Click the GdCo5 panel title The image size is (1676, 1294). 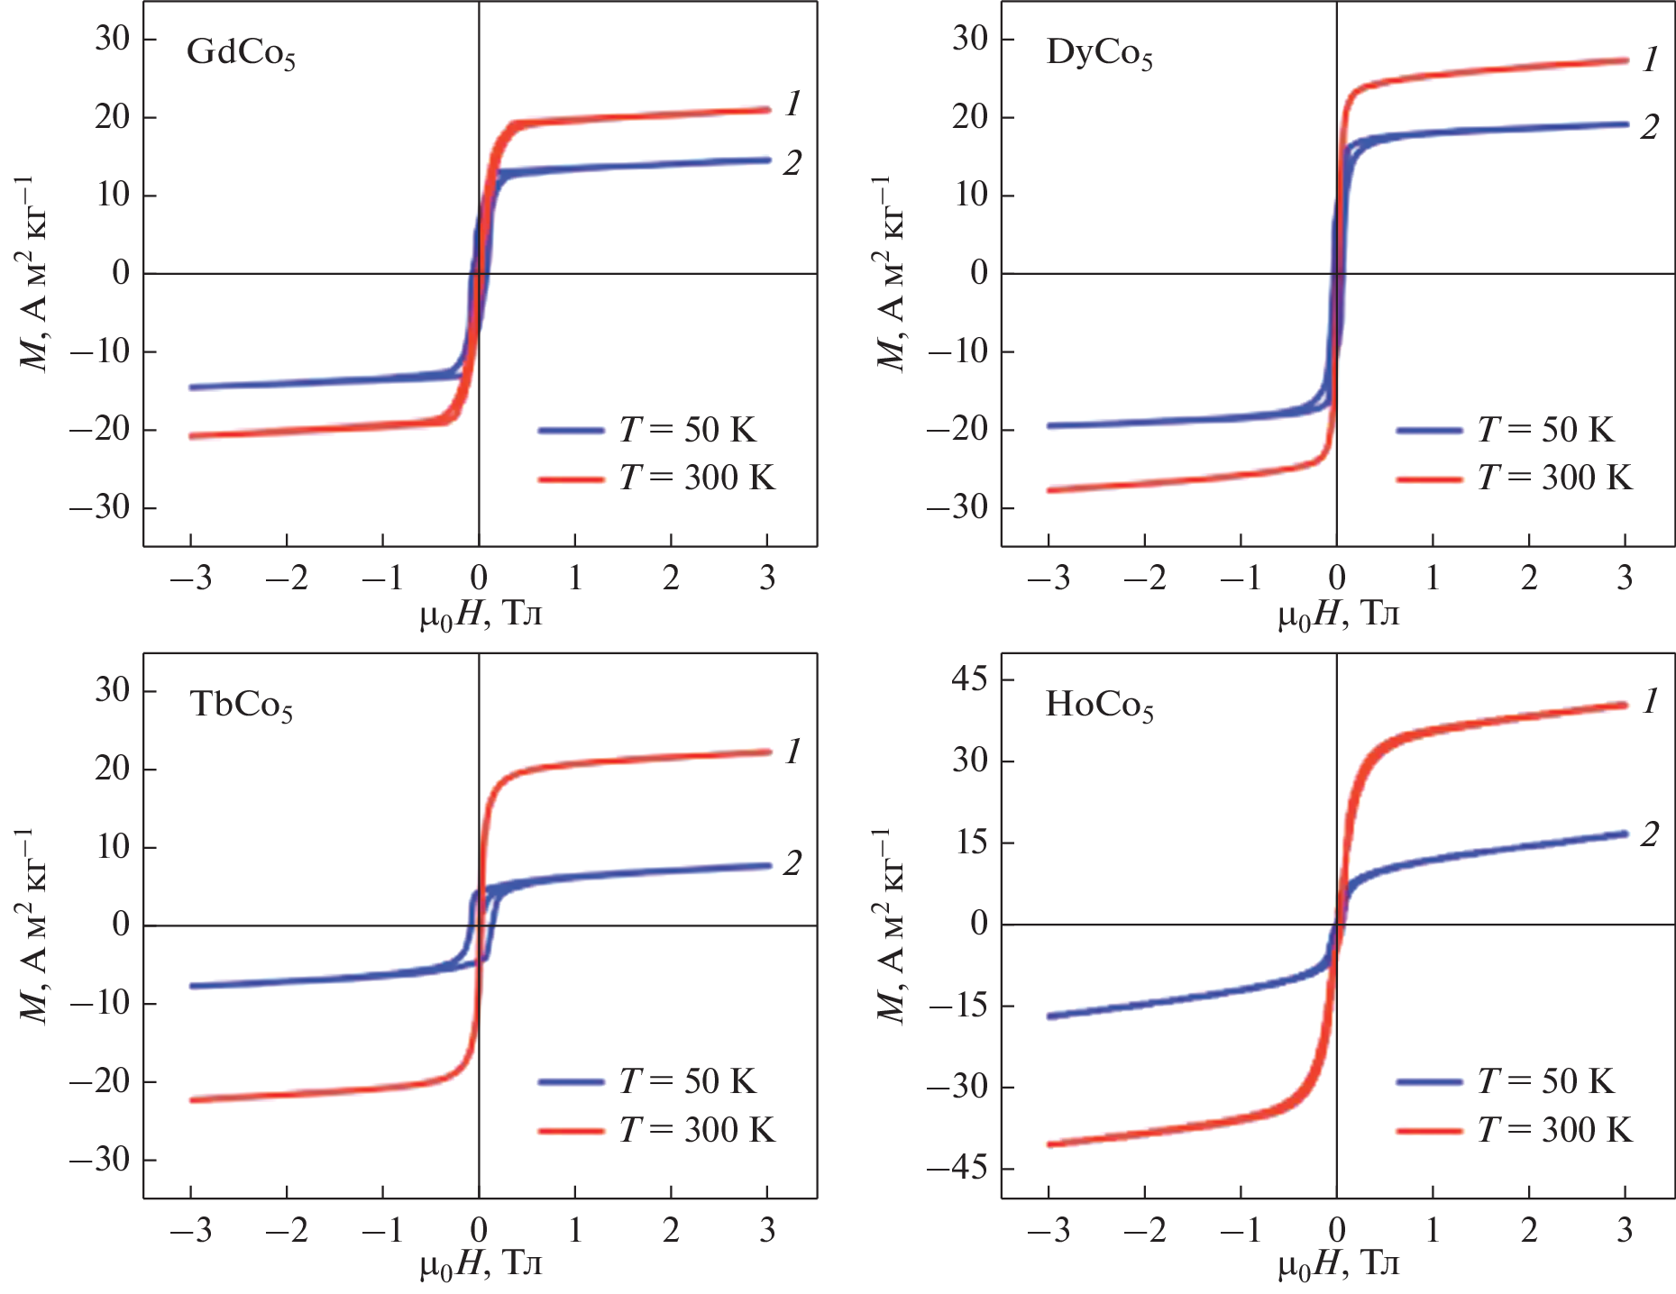point(241,53)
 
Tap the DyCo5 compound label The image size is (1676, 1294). point(1099,53)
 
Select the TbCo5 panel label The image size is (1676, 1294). point(241,705)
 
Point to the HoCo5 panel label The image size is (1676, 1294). point(1099,705)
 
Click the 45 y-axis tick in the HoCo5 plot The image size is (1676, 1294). point(970,679)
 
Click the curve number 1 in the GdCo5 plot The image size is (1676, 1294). point(792,104)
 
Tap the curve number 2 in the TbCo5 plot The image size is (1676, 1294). point(792,863)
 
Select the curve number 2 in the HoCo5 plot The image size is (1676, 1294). point(1649,834)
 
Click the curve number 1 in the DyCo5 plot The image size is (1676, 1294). point(1650,59)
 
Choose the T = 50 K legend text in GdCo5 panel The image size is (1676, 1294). point(687,430)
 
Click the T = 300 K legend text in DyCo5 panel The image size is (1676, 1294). point(1554,478)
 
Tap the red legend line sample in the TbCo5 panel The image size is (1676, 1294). point(571,1130)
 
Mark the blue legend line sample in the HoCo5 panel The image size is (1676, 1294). point(1429,1081)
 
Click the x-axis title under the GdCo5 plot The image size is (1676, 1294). point(481,615)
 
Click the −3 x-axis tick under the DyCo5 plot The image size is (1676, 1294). point(1049,578)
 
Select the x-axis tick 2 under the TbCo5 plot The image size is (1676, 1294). point(671,1230)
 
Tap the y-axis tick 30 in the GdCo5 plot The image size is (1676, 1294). point(112,39)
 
